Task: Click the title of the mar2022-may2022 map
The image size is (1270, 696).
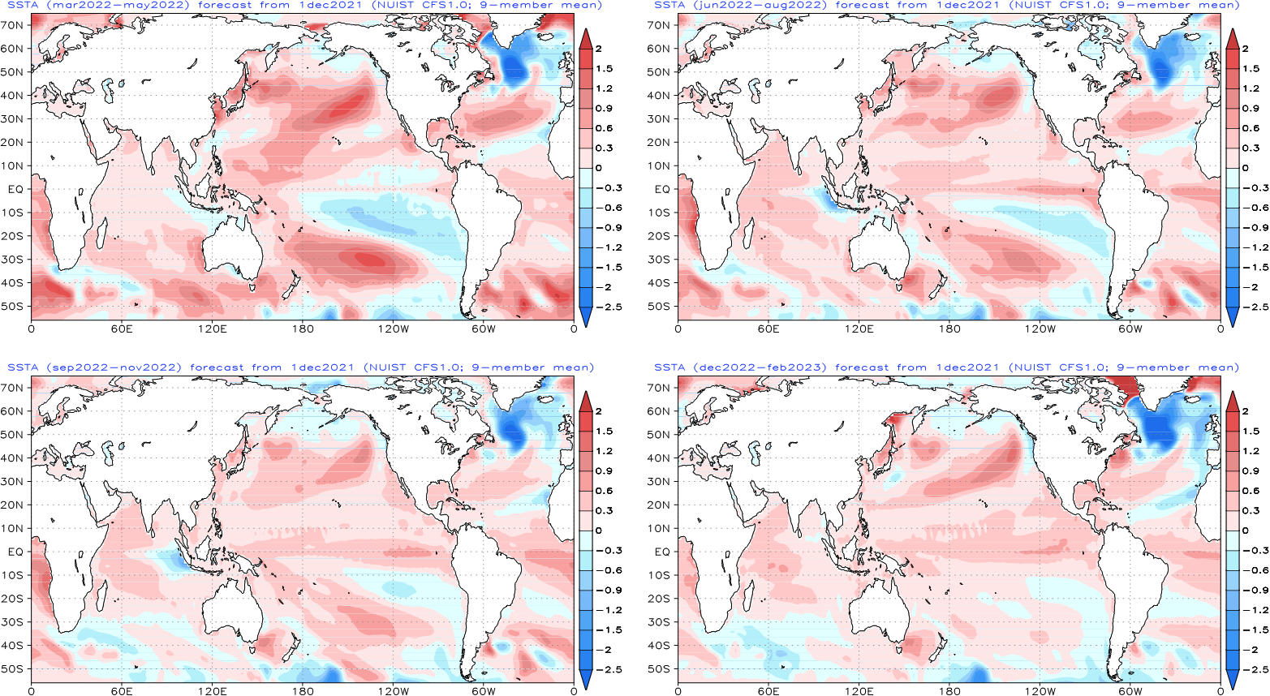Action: (304, 5)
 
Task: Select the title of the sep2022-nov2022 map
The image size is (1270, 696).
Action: (300, 367)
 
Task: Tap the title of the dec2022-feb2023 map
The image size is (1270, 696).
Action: (947, 367)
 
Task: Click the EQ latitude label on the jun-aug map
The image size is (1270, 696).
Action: (661, 189)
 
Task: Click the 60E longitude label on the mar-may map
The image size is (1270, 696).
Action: (122, 329)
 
